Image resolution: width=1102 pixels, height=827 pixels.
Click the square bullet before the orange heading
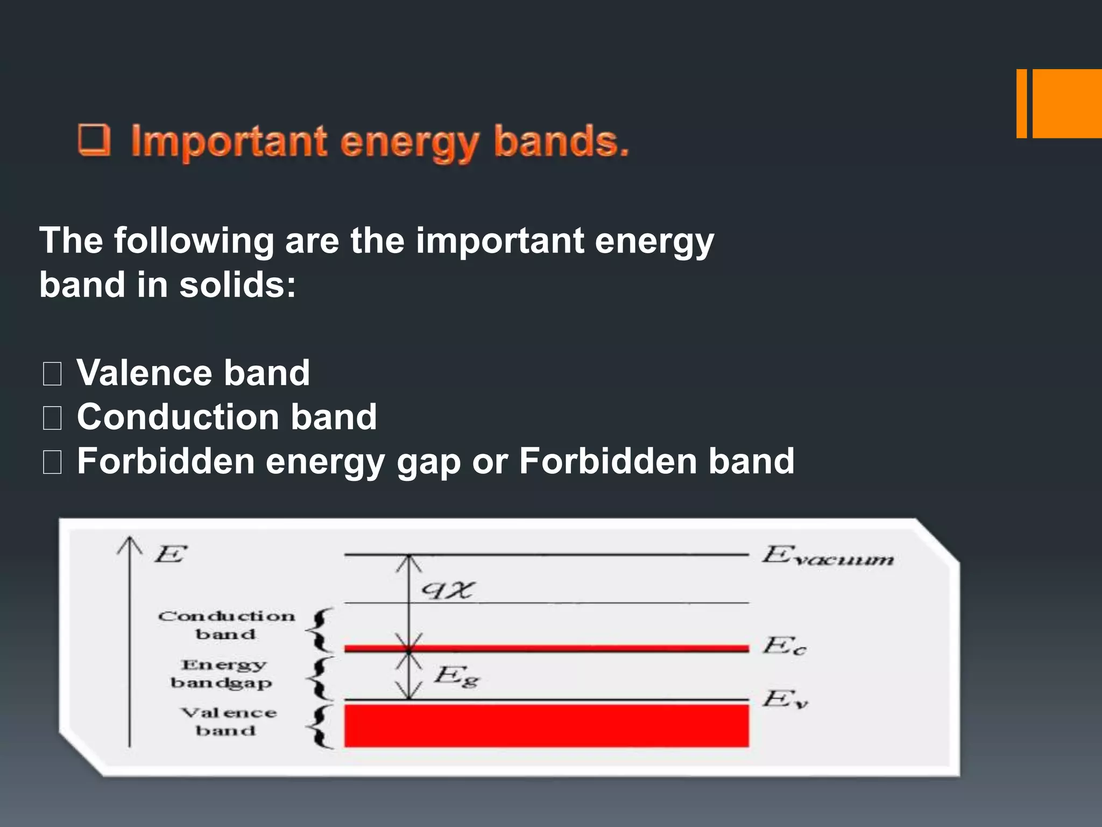click(94, 139)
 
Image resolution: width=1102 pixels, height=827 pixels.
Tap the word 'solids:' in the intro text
click(237, 285)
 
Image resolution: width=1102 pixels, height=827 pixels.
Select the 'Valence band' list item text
click(193, 373)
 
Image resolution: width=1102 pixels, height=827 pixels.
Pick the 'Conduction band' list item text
click(227, 417)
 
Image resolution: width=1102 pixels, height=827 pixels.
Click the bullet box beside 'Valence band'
click(52, 374)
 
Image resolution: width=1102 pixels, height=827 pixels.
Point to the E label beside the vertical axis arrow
click(170, 554)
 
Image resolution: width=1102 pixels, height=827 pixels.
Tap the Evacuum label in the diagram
click(828, 556)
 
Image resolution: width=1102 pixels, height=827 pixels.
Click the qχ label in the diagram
click(447, 591)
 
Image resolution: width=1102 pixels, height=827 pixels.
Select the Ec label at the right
click(784, 646)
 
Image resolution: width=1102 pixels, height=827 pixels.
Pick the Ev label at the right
click(785, 699)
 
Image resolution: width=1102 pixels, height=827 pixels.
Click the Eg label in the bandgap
click(456, 676)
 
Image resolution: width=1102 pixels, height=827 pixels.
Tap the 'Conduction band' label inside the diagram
click(226, 625)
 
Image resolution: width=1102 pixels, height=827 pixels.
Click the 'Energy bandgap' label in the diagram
click(222, 674)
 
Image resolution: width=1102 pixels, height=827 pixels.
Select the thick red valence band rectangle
click(546, 725)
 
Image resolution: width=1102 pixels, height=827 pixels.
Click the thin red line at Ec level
click(546, 648)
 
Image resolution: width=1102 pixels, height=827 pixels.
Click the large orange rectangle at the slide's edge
click(1067, 103)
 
